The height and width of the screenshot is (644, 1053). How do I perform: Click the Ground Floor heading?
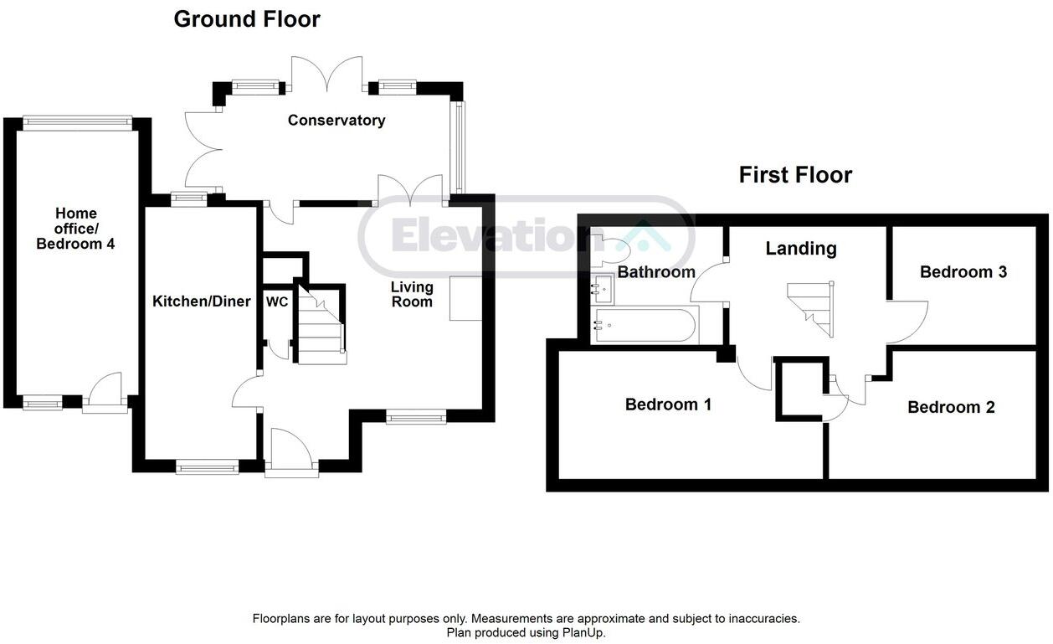point(247,19)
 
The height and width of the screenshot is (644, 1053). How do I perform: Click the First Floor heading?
point(795,175)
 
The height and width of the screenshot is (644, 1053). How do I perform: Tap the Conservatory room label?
point(336,121)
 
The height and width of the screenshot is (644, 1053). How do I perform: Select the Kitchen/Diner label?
point(201,301)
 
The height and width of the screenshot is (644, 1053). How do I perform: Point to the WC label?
point(276,301)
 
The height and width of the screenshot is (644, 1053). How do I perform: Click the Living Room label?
point(412,295)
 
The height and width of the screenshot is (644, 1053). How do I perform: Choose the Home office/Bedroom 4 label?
point(76,229)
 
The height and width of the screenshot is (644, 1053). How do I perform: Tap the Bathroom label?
point(656,272)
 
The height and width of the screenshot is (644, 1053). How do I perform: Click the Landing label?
point(801,249)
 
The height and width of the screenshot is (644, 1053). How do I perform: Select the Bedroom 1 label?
point(668,404)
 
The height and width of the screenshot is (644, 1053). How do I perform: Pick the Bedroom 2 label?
point(951,408)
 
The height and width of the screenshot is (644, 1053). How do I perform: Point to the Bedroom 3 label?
point(963,272)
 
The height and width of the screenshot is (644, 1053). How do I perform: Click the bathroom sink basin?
point(603,290)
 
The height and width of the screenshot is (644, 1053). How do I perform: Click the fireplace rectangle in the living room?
point(465,299)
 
